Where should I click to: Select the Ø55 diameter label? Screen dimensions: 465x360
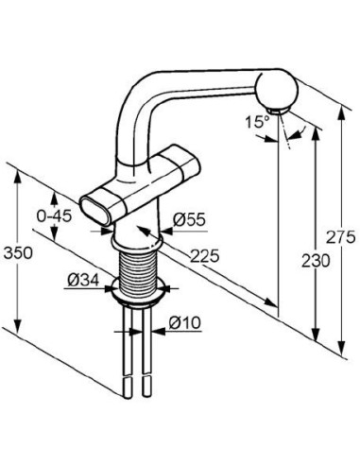click(193, 219)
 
